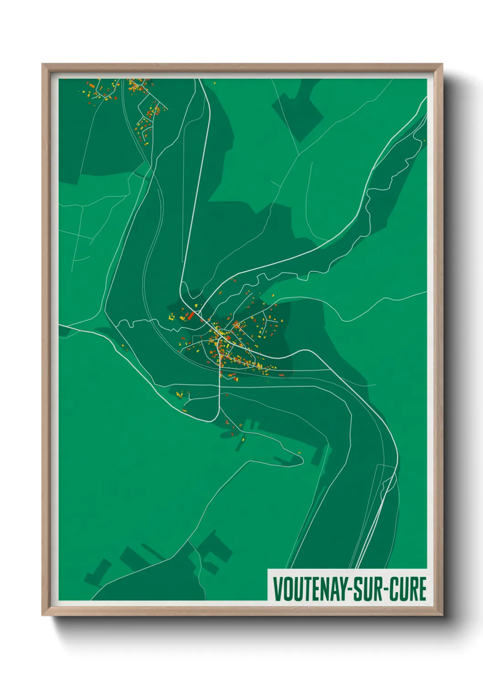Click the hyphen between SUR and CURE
pyautogui.click(x=386, y=589)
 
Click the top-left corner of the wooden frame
pyautogui.click(x=43, y=65)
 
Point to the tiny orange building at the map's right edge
pyautogui.click(x=424, y=140)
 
